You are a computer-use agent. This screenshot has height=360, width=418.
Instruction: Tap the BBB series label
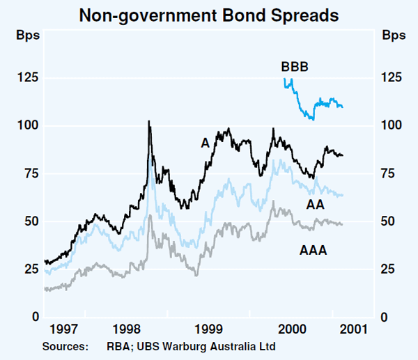(295, 67)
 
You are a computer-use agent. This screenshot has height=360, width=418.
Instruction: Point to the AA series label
(314, 203)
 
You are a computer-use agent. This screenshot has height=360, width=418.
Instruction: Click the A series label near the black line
(205, 142)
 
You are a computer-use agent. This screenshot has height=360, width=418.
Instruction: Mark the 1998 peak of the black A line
(149, 122)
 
